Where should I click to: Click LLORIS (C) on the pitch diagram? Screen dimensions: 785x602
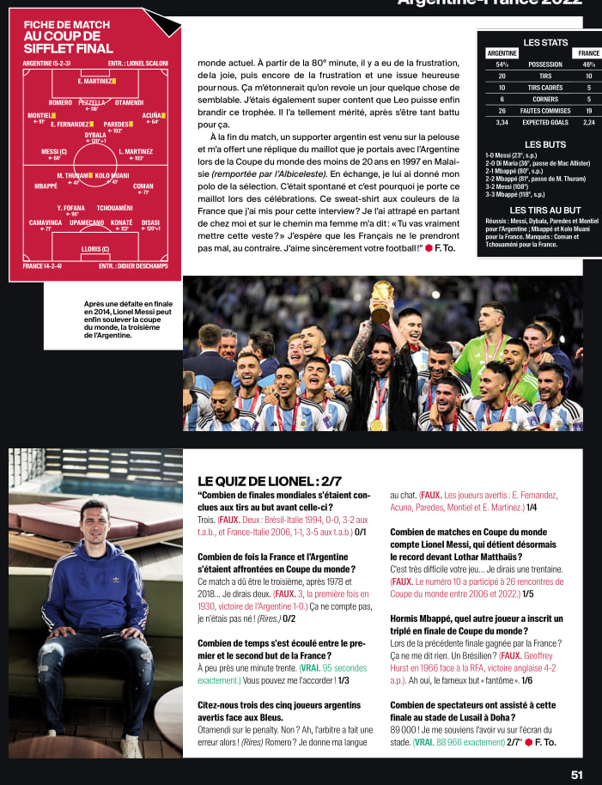(x=94, y=249)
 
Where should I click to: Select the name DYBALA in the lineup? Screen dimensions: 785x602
(x=95, y=135)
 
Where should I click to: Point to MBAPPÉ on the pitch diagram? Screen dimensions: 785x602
(x=46, y=186)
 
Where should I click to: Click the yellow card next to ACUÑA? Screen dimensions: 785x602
(x=164, y=114)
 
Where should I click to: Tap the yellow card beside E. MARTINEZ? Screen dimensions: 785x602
(x=113, y=82)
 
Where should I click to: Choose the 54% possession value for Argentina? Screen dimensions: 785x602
(x=502, y=64)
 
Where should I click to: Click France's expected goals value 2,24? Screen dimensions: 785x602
(x=589, y=122)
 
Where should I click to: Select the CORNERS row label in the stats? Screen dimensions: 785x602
(x=545, y=99)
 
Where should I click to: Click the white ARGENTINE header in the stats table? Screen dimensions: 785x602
(x=502, y=53)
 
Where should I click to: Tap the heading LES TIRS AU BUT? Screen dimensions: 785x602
(x=545, y=210)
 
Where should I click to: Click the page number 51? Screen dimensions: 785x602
(x=577, y=774)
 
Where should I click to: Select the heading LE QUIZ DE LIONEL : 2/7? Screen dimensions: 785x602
(x=270, y=481)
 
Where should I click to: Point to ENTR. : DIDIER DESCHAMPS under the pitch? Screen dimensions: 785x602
(x=133, y=266)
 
